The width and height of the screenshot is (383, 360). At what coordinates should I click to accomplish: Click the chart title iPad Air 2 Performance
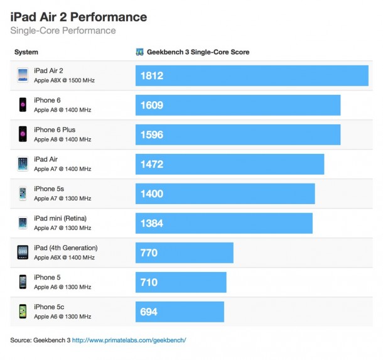point(78,17)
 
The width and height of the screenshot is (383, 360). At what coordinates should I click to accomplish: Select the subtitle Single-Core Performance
point(63,30)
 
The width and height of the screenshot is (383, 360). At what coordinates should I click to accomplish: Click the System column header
point(26,52)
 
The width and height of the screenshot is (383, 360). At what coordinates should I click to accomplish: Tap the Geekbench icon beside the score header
point(139,52)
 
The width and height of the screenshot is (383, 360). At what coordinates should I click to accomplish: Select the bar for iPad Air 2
point(252,76)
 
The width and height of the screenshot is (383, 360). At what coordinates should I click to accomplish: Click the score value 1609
point(153,106)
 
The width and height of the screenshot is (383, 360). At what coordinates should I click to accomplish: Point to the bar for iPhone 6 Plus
point(238,134)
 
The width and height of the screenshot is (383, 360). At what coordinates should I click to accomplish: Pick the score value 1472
point(153,164)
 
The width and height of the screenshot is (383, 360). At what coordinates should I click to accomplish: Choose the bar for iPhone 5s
point(225,194)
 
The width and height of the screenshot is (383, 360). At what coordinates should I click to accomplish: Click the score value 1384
point(153,223)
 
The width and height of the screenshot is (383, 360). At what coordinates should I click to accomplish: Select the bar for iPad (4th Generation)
point(185,253)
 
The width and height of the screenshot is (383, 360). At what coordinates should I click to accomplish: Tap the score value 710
point(149,282)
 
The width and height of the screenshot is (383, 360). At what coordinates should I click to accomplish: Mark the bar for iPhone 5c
point(180,312)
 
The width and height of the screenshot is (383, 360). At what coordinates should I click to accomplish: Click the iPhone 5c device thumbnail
point(23,311)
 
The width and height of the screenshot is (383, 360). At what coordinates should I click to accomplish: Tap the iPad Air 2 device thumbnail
point(23,75)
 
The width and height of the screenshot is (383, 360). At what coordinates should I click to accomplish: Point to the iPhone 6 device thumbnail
point(23,105)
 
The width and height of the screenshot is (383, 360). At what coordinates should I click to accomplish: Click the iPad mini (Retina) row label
point(60,218)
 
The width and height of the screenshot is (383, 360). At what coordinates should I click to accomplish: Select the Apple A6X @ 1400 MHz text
point(64,258)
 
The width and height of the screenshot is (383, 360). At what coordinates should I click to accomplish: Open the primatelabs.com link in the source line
point(129,340)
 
